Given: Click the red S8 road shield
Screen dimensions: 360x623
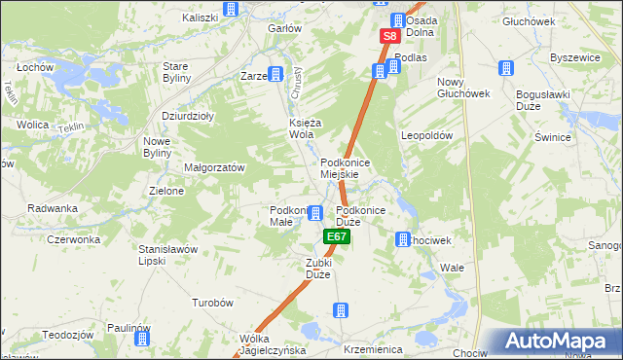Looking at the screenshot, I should pos(389,36).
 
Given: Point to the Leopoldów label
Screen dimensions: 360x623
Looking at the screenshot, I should pos(427,136).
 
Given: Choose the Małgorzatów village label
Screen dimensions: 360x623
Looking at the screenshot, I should pos(214,167).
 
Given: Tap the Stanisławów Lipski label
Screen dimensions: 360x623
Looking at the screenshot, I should pos(167,255).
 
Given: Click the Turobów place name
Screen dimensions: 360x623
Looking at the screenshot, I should pos(213,303).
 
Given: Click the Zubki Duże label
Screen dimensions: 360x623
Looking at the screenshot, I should pos(318,269).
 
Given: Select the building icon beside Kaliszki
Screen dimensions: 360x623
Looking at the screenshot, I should pos(231,10).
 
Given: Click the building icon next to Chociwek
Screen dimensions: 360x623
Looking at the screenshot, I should pos(402,239).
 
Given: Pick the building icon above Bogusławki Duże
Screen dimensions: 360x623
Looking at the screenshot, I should pos(506,68).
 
